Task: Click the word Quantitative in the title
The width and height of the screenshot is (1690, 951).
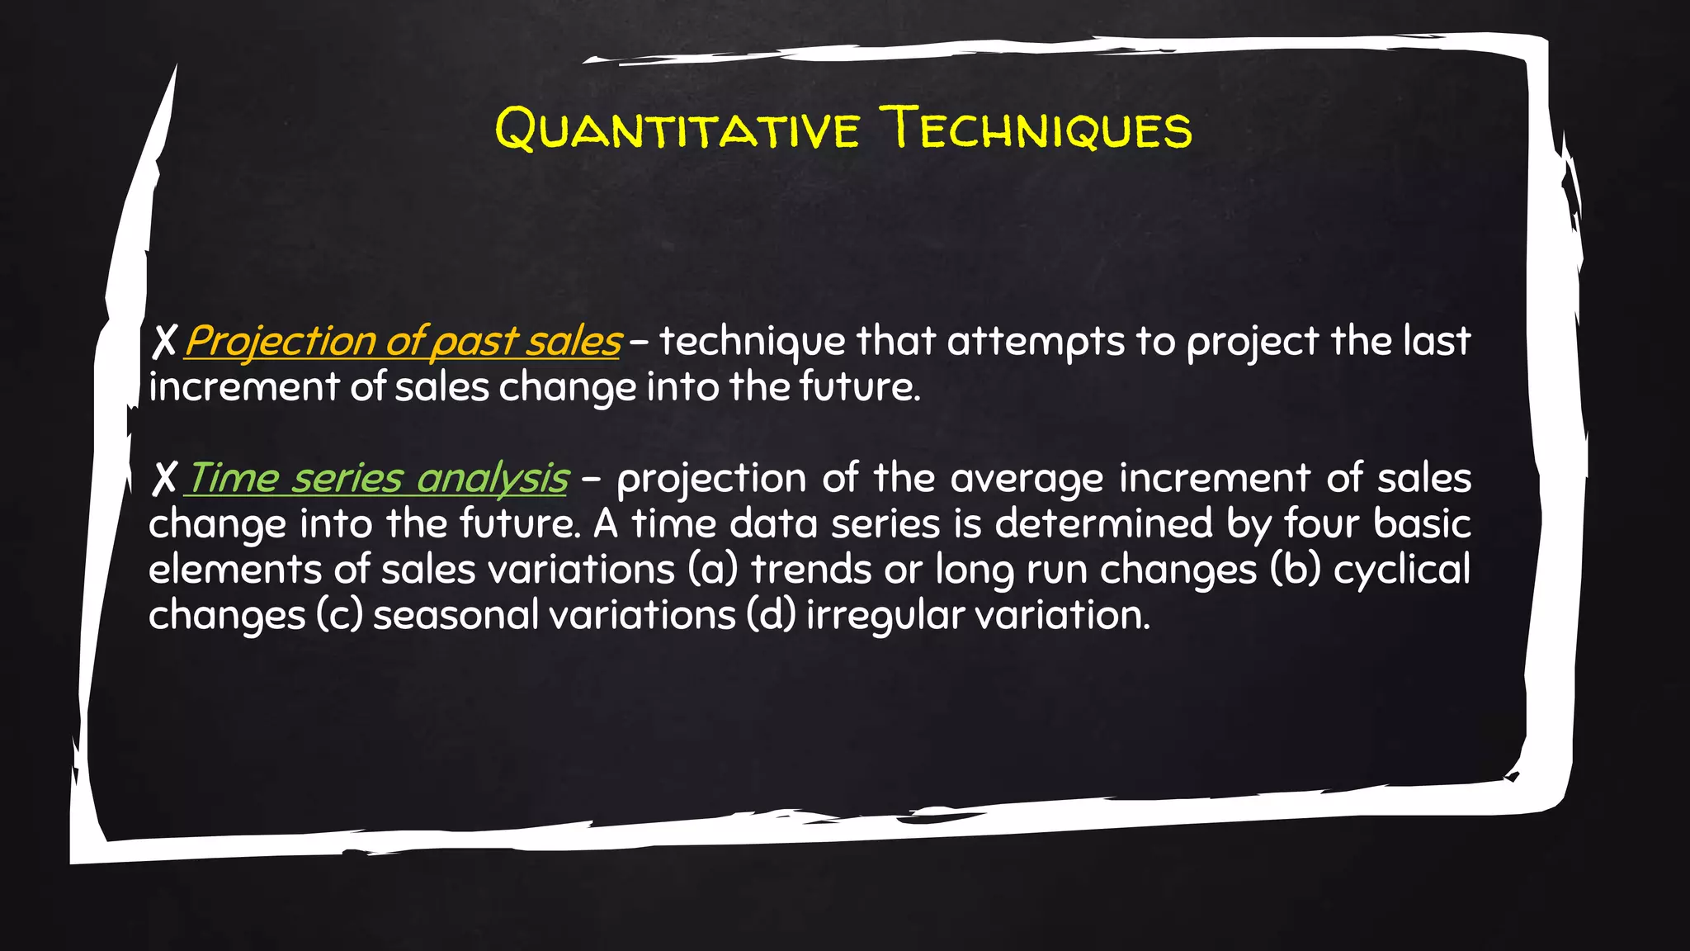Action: point(677,130)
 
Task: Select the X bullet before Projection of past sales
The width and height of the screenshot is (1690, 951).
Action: point(164,342)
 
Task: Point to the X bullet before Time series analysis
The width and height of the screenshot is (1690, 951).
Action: point(164,479)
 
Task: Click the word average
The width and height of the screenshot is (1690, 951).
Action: point(1026,479)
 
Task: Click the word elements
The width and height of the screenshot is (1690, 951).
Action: point(235,570)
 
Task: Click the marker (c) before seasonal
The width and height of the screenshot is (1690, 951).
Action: point(339,616)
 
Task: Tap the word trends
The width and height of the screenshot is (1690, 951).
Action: point(811,570)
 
